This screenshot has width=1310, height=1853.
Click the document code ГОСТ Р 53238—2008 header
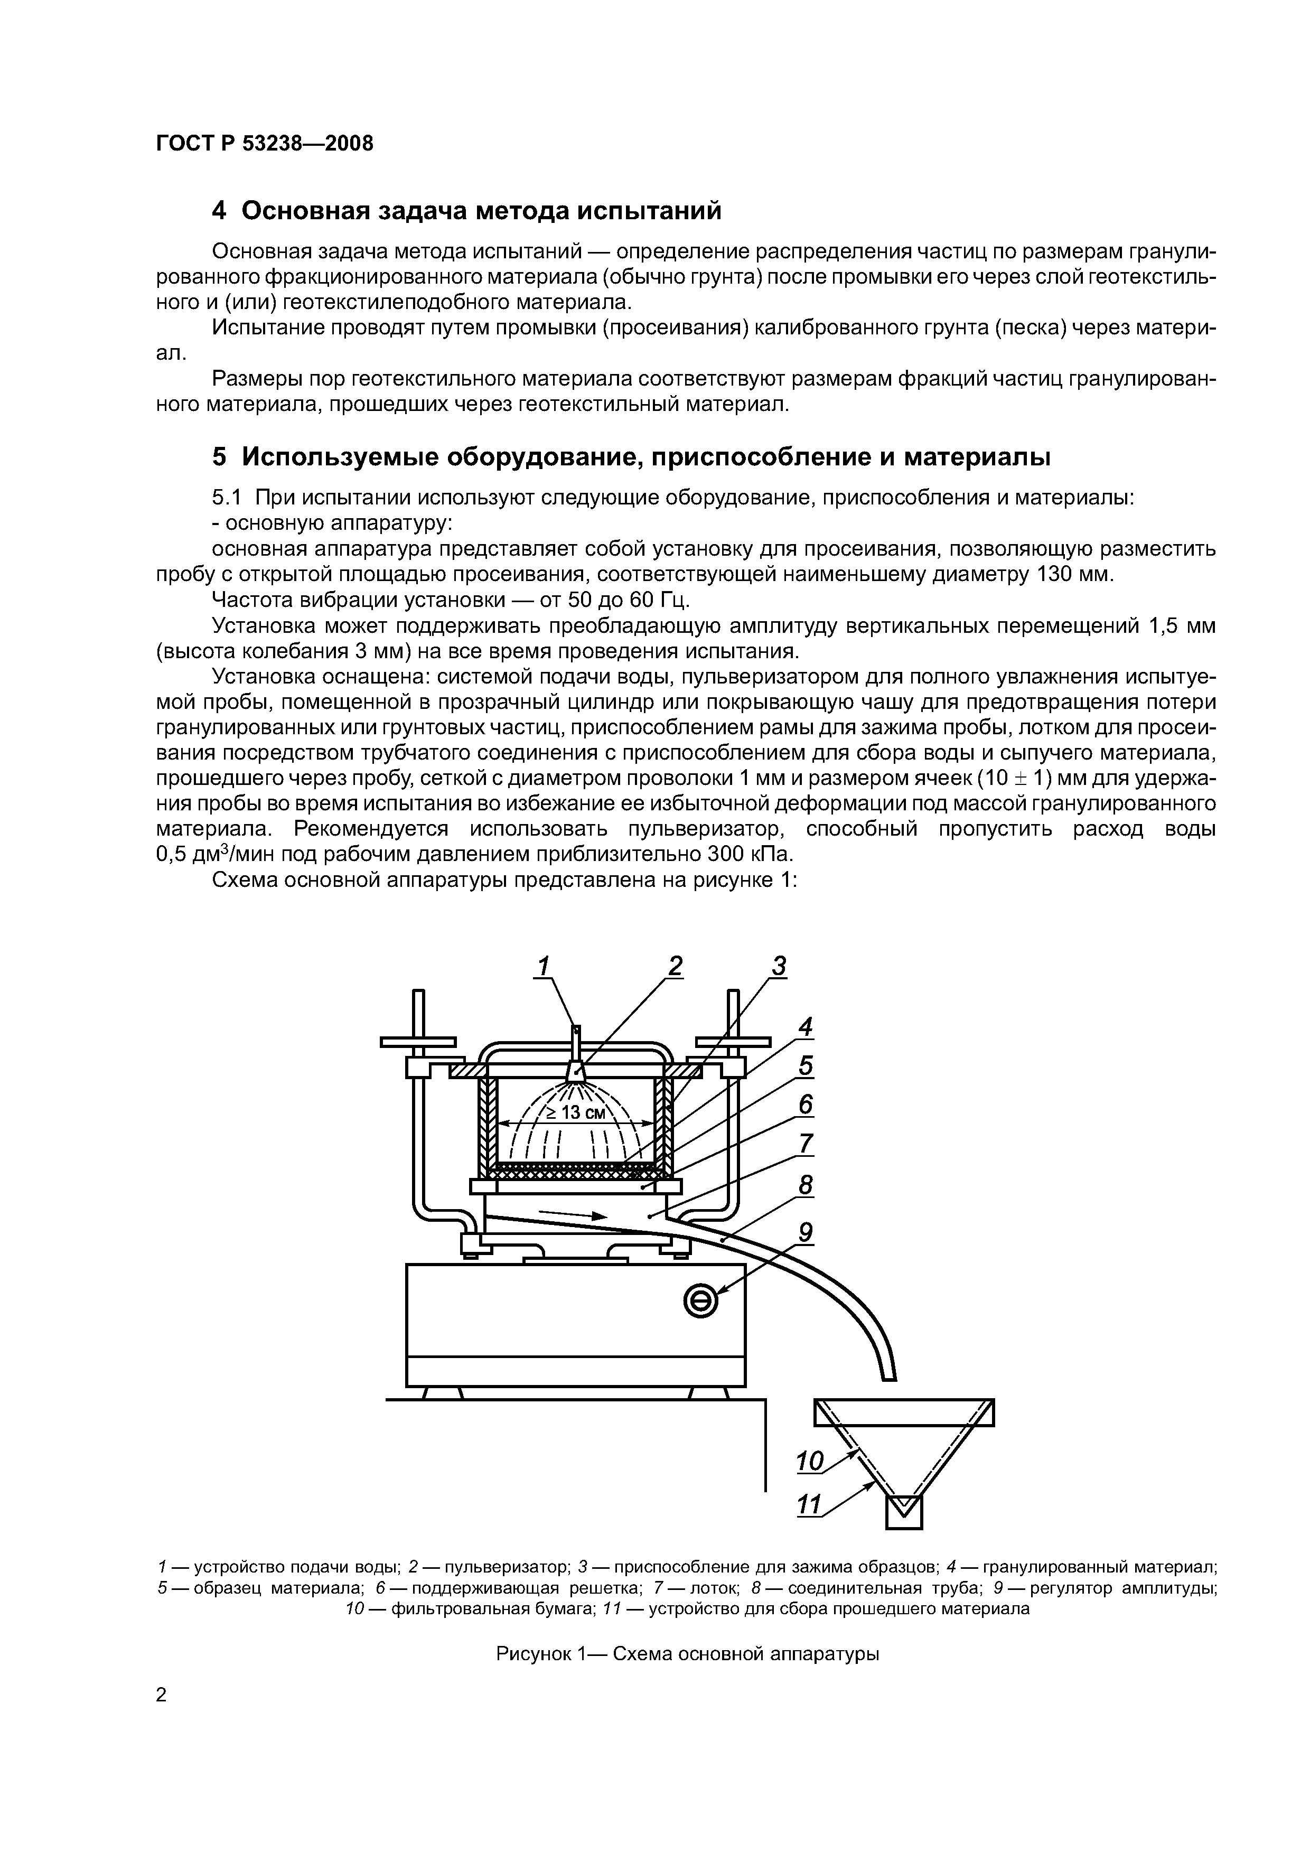click(265, 144)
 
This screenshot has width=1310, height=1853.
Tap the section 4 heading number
click(220, 211)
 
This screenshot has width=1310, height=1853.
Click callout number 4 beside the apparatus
click(804, 1026)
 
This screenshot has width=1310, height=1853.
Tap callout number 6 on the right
click(804, 1104)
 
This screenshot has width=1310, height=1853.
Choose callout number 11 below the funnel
click(809, 1504)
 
